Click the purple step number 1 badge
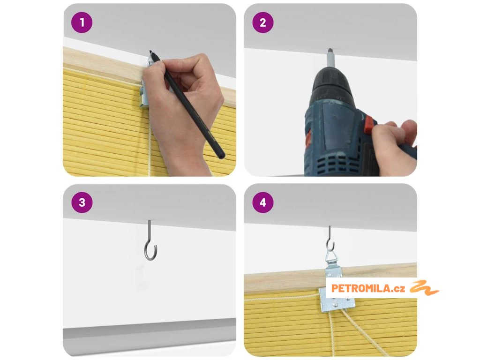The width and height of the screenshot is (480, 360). click(x=82, y=22)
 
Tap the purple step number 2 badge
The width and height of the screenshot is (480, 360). click(x=263, y=22)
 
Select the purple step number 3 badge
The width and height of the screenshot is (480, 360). click(x=82, y=202)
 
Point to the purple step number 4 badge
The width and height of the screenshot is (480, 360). click(x=263, y=202)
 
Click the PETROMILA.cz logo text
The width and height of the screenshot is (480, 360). click(x=368, y=288)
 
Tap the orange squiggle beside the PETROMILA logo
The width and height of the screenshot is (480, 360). click(x=424, y=288)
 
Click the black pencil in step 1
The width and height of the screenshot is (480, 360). click(x=187, y=104)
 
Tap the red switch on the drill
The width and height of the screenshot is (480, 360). click(x=368, y=124)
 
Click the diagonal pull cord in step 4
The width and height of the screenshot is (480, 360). click(x=363, y=332)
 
